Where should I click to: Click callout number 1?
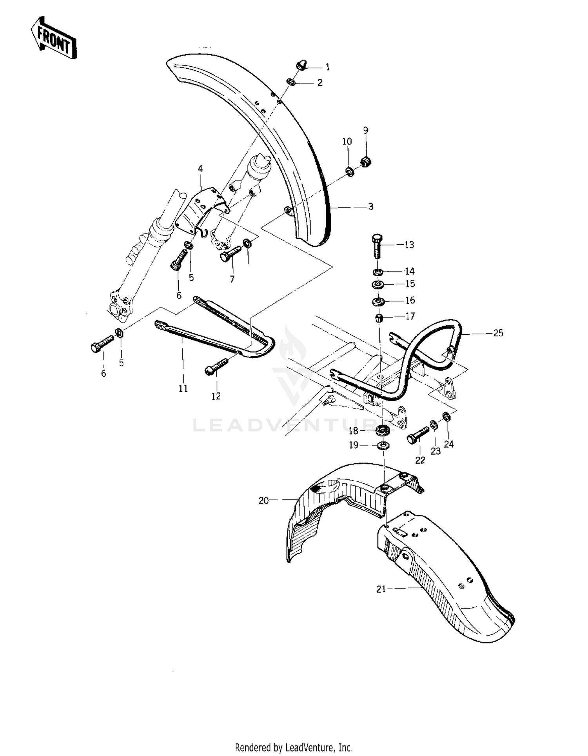point(328,67)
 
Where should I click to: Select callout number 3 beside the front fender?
point(370,207)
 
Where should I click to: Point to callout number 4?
point(200,169)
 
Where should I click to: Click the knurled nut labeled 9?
point(366,161)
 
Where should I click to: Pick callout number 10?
point(347,141)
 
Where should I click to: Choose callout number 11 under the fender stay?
point(183,388)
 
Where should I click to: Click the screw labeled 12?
point(216,366)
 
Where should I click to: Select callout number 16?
point(410,301)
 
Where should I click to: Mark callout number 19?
point(354,445)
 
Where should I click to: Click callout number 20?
point(264,501)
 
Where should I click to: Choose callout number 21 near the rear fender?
point(381,589)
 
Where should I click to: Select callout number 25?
point(498,333)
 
